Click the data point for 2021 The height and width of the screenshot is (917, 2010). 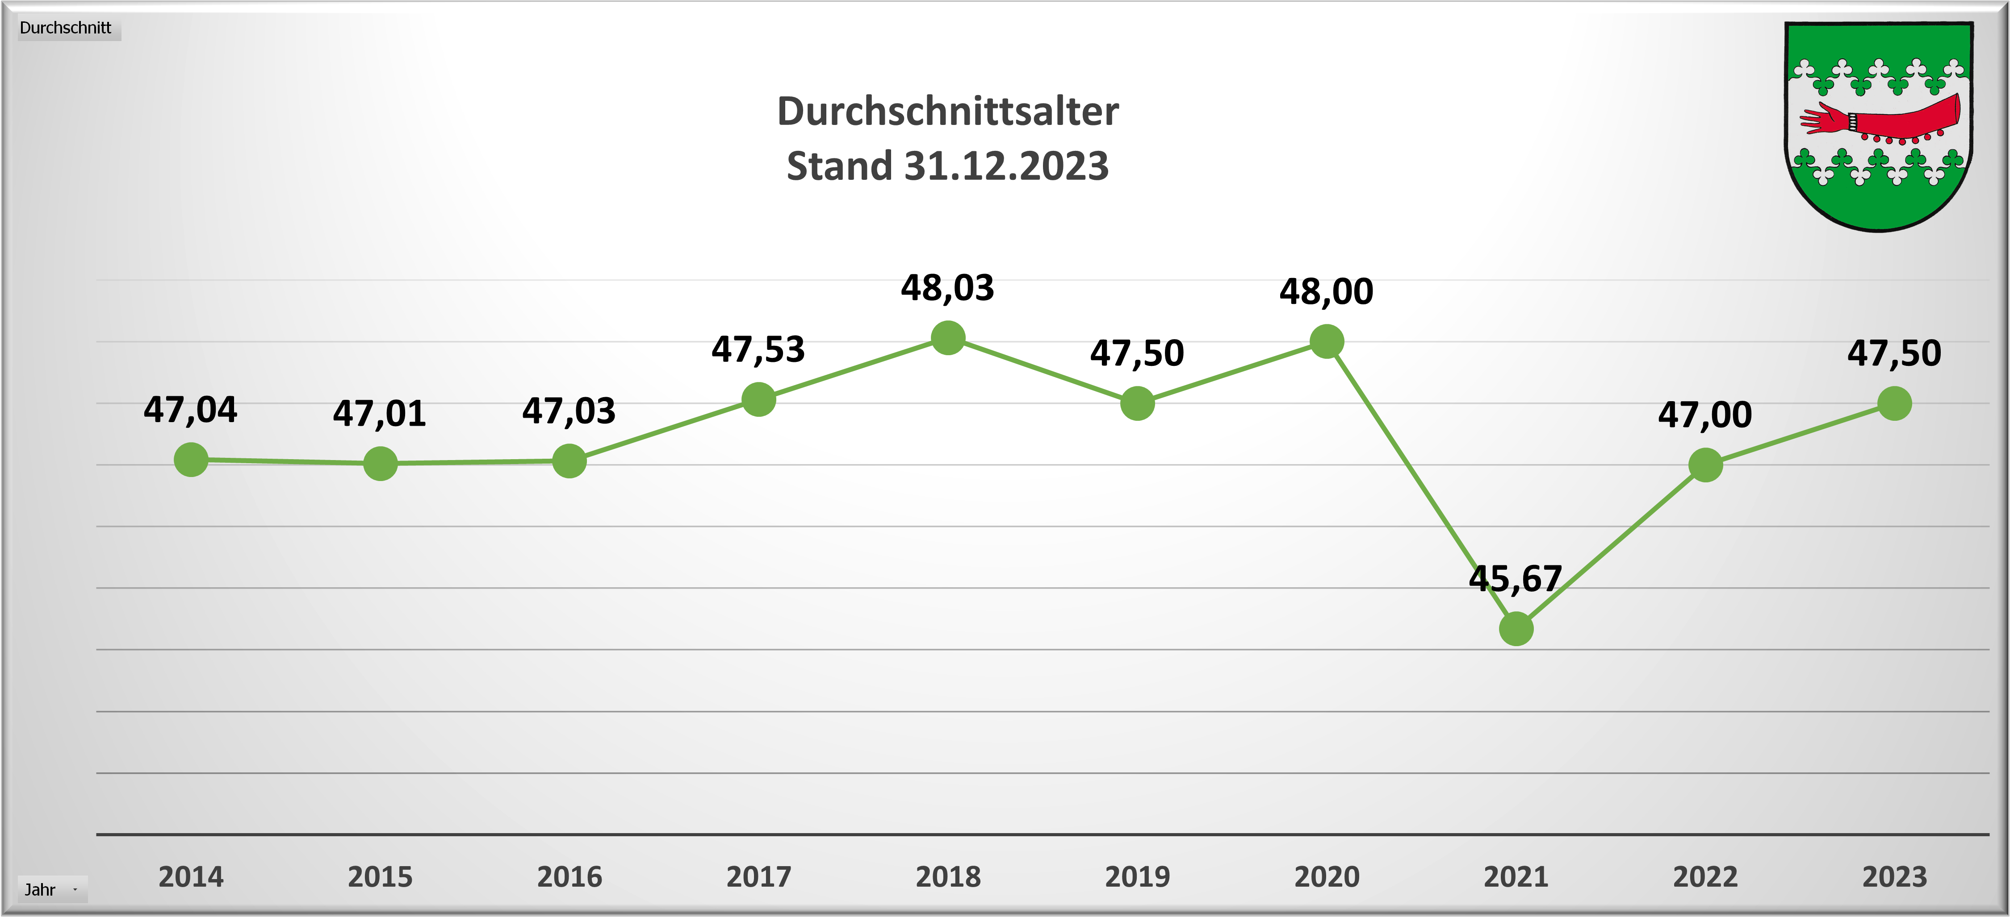point(1516,628)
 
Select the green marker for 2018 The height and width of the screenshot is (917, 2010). point(948,338)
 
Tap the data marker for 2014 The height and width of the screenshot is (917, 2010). point(191,459)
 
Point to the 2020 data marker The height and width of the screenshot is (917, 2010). point(1327,341)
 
